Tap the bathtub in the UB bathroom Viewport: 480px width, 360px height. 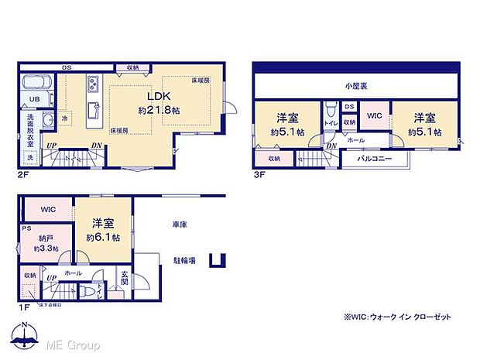[x=34, y=84]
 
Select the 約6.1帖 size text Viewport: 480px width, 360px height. [x=102, y=236]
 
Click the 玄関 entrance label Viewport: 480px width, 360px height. [x=124, y=276]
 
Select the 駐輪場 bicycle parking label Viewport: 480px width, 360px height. [x=183, y=261]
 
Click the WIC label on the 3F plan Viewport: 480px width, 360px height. [x=374, y=116]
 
